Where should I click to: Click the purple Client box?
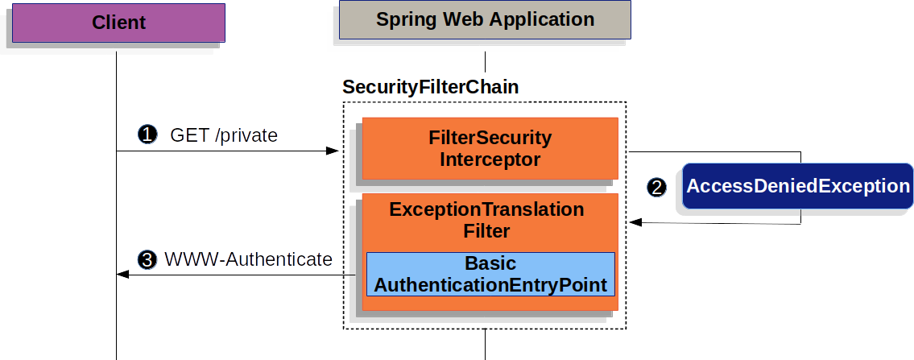click(x=118, y=23)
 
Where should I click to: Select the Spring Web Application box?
click(x=485, y=20)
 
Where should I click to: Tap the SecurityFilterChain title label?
click(x=430, y=87)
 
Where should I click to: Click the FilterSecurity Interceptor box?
click(x=490, y=148)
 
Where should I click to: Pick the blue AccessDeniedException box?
click(x=797, y=187)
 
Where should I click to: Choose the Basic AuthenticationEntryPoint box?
click(x=490, y=275)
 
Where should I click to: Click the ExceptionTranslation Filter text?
click(x=486, y=220)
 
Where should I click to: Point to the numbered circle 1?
click(x=147, y=135)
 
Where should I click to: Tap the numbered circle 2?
click(x=657, y=188)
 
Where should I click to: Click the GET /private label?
click(x=224, y=135)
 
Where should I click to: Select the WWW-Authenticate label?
click(x=248, y=259)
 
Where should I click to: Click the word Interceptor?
click(x=490, y=159)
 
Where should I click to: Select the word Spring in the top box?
click(x=407, y=20)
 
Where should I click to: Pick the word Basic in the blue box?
click(x=490, y=263)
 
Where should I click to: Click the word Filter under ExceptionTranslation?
click(x=486, y=232)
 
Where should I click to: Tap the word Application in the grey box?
click(x=546, y=20)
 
